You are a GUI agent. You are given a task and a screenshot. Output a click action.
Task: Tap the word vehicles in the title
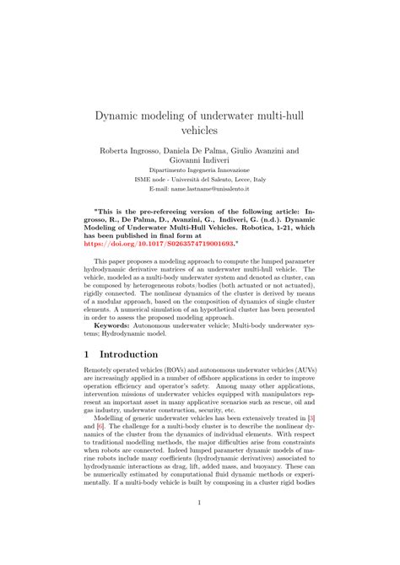(200, 132)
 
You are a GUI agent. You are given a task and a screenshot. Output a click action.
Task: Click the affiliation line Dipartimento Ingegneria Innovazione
(200, 179)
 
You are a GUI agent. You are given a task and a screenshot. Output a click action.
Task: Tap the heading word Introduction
(134, 355)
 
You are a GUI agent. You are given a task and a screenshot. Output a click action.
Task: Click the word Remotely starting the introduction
(103, 371)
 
